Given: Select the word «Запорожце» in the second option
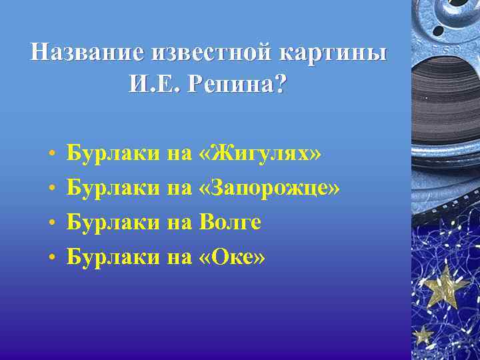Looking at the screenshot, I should tap(269, 189).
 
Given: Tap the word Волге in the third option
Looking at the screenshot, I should tap(230, 222).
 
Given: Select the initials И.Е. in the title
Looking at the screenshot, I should tap(155, 83).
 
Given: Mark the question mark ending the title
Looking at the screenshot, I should tap(281, 83).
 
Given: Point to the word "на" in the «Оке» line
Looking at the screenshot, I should tap(179, 257).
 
